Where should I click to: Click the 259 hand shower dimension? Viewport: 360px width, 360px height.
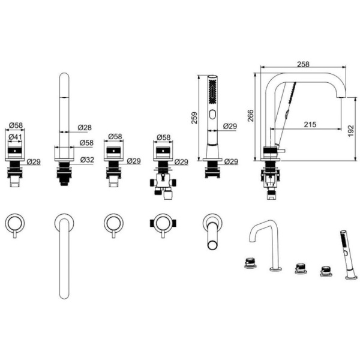point(192,119)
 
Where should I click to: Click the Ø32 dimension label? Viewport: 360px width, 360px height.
point(88,160)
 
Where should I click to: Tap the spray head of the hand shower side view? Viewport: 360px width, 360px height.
point(211,90)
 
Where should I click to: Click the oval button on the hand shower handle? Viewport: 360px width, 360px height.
point(211,114)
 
